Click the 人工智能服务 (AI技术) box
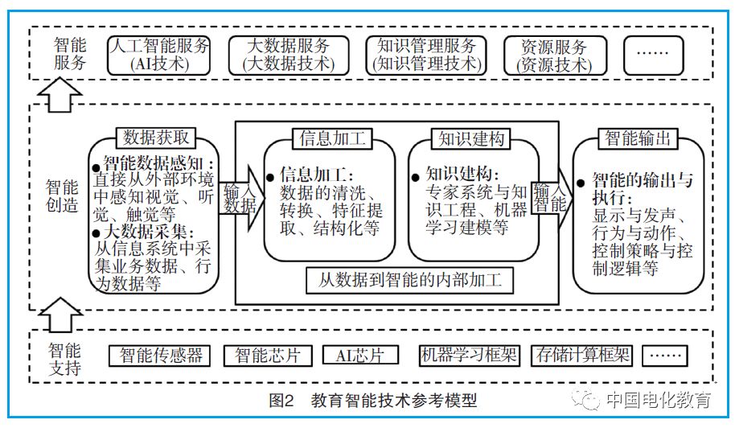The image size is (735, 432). click(x=158, y=55)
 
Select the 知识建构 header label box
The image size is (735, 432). click(x=472, y=138)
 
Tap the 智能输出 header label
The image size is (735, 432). click(x=639, y=138)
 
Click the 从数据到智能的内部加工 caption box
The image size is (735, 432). click(x=409, y=281)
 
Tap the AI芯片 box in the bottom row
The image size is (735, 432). click(x=360, y=355)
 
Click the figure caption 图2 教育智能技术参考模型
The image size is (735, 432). click(x=373, y=399)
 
